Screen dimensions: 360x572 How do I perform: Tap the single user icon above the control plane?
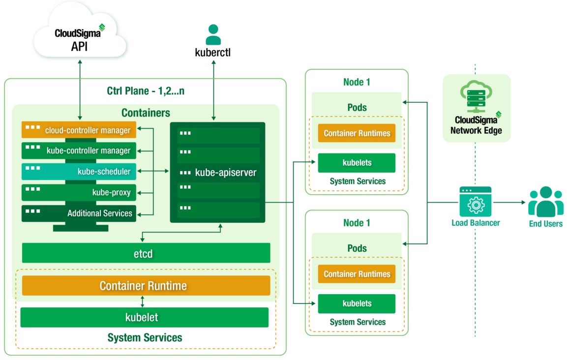pyautogui.click(x=213, y=35)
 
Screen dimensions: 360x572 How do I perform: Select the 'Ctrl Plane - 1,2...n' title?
pyautogui.click(x=146, y=91)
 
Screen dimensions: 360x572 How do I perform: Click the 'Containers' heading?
pyautogui.click(x=146, y=113)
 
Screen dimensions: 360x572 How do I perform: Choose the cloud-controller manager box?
pyautogui.click(x=79, y=130)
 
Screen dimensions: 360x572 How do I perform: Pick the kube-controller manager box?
pyautogui.click(x=79, y=150)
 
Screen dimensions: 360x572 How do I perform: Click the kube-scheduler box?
pyautogui.click(x=79, y=171)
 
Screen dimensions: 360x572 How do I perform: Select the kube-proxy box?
pyautogui.click(x=79, y=192)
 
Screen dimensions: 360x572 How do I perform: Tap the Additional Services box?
pyautogui.click(x=79, y=213)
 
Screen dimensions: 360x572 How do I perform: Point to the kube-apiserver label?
pyautogui.click(x=225, y=173)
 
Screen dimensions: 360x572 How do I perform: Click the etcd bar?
pyautogui.click(x=146, y=253)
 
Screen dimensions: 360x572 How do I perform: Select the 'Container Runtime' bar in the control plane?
pyautogui.click(x=146, y=286)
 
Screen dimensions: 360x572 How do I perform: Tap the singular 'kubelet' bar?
pyautogui.click(x=144, y=317)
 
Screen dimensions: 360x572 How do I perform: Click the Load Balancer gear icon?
pyautogui.click(x=475, y=203)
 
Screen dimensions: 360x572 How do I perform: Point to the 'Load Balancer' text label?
pyautogui.click(x=475, y=223)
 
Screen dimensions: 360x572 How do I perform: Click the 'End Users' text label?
pyautogui.click(x=545, y=224)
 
